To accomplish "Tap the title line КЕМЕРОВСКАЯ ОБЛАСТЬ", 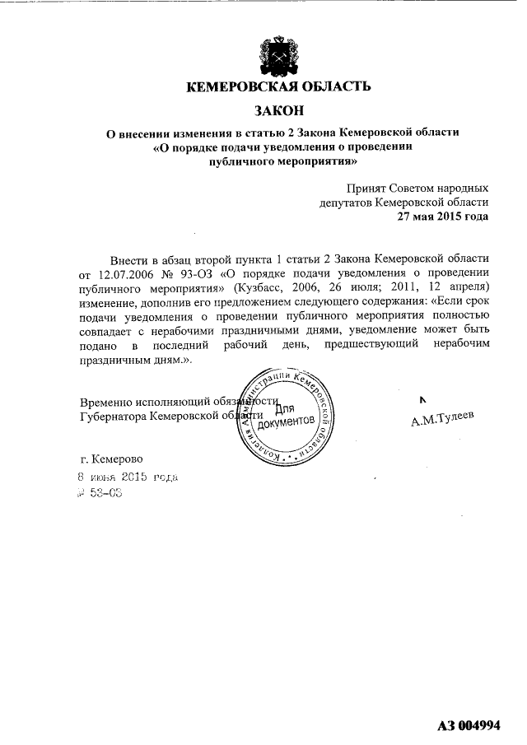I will pos(278,86).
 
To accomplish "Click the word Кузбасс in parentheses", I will pos(261,286).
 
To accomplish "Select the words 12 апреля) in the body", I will pos(462,286).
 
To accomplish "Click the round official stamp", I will pos(285,415).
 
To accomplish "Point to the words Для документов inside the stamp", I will pos(285,416).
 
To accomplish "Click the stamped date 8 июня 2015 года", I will pos(127,477).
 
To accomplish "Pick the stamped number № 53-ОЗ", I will pos(99,494).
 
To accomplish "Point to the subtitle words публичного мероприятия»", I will pos(278,163).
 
